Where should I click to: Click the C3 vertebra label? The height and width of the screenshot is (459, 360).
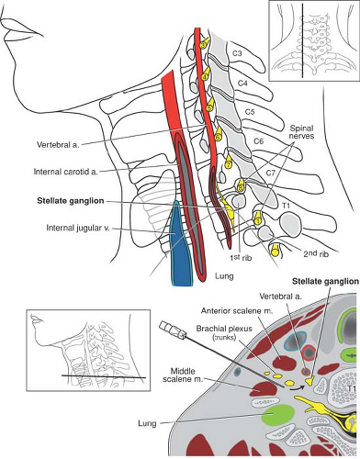click(237, 53)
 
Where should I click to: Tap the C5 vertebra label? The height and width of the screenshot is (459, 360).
click(250, 112)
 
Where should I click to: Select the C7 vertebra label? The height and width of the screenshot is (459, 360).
click(271, 174)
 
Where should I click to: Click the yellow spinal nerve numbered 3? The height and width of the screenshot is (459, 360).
click(204, 45)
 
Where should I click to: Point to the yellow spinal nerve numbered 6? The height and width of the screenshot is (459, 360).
click(218, 137)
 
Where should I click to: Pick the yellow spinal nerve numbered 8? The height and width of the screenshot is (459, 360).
click(241, 185)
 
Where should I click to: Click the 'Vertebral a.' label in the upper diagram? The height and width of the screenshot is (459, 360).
click(58, 145)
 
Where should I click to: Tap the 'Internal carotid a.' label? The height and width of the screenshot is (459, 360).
click(66, 172)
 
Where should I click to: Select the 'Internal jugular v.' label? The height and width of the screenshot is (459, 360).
click(78, 228)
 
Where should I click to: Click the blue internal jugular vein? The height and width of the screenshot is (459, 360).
click(180, 245)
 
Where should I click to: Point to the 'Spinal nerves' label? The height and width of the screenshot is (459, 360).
click(302, 131)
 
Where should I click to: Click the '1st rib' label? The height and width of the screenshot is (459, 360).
click(241, 257)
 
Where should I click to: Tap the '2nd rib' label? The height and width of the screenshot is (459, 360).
click(316, 253)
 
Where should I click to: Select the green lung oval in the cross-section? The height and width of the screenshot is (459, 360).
click(278, 415)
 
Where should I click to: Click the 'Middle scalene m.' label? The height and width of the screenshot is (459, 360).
click(183, 375)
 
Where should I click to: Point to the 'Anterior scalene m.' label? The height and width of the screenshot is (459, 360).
click(237, 311)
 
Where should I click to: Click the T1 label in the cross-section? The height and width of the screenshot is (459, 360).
click(352, 388)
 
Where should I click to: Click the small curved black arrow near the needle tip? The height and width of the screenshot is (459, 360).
click(297, 388)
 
